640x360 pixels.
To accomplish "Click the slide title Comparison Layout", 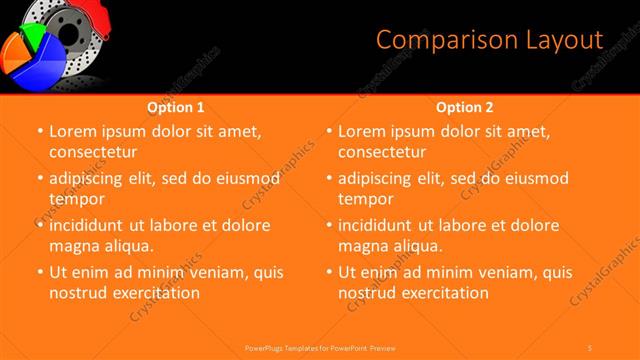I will (489, 40).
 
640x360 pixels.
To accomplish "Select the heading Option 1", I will (176, 107).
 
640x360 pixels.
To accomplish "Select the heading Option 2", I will (465, 107).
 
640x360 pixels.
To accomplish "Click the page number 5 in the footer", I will (591, 347).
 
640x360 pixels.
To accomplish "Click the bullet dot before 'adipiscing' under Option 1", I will (39, 179).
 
